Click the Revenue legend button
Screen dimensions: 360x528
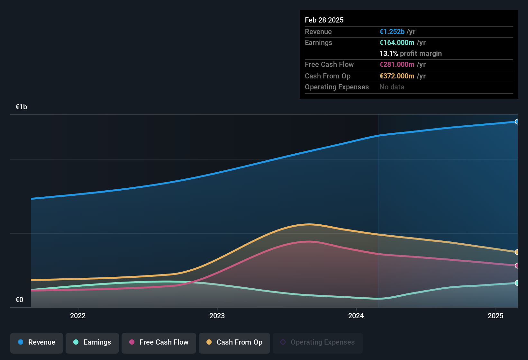coord(36,342)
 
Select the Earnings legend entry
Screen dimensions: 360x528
coord(92,342)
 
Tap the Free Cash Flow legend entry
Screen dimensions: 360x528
coord(159,342)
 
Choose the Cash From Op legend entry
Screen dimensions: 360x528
coord(234,342)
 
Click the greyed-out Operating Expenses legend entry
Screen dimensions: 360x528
coord(317,342)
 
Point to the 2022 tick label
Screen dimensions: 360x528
coord(78,316)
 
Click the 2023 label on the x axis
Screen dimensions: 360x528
coord(217,316)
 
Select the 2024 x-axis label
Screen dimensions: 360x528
coord(356,316)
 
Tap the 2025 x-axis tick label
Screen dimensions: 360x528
coord(495,316)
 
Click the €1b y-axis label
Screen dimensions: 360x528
coord(21,107)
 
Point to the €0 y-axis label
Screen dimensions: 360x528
coord(19,300)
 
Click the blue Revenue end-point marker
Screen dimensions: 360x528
coord(517,122)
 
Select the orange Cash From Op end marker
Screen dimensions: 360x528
coord(517,252)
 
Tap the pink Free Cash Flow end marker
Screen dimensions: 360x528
coord(517,265)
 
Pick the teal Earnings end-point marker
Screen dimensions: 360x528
coord(517,283)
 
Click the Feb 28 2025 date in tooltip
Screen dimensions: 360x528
coord(324,20)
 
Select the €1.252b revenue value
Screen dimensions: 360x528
coord(392,32)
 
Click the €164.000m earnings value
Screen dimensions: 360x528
coord(397,43)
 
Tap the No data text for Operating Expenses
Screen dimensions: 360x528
coord(392,87)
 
